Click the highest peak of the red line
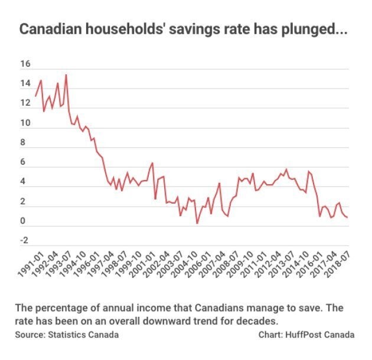[66, 75]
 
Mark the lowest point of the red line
[197, 223]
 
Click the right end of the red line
[348, 217]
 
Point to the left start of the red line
[35, 96]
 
